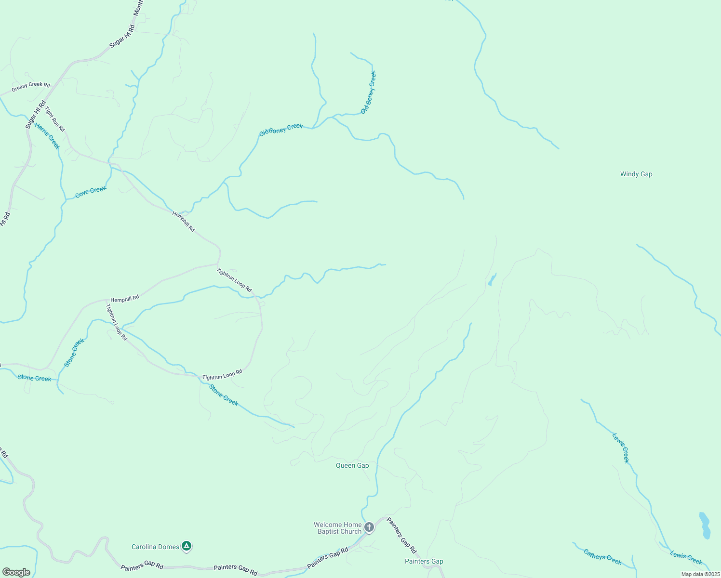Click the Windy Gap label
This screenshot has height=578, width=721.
636,174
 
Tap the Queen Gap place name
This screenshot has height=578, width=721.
352,465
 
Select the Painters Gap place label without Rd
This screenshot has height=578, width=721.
424,561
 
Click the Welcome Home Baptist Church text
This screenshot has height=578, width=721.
337,528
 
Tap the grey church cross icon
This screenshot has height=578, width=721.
369,527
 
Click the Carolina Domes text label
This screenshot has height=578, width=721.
155,547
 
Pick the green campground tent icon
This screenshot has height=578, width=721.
187,546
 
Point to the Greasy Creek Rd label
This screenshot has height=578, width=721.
31,87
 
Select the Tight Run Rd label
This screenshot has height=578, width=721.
54,119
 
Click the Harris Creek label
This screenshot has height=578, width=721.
47,136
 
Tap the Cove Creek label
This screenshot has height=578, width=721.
91,192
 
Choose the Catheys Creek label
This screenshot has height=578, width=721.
602,557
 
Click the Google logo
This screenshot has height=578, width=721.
16,572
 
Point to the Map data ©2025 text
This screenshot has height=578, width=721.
700,574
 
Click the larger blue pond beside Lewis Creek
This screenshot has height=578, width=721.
705,525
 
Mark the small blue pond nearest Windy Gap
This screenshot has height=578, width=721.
492,280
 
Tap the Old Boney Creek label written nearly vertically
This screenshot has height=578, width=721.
368,92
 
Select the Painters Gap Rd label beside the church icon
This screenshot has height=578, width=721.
402,536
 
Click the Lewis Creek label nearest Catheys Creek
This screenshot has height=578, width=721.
686,557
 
